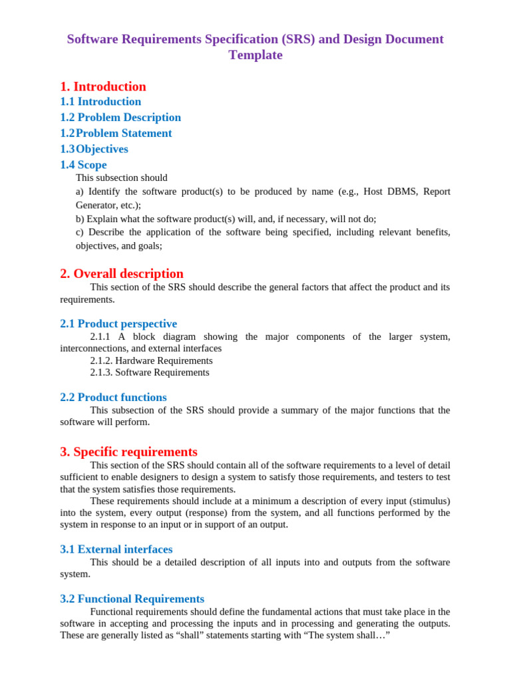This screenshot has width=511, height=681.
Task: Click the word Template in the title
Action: click(255, 55)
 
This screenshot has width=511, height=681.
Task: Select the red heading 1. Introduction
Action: click(103, 86)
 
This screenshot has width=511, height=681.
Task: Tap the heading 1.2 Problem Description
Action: click(120, 118)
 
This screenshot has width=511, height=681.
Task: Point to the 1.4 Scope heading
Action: click(83, 165)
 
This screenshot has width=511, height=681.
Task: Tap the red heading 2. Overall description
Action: click(122, 273)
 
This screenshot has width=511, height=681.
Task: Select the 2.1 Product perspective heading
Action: click(118, 324)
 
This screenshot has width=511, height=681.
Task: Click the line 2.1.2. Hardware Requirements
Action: click(151, 360)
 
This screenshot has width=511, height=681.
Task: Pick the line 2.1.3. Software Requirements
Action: click(150, 372)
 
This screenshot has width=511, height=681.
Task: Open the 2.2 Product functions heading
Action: click(113, 398)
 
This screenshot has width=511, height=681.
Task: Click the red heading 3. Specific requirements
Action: click(128, 452)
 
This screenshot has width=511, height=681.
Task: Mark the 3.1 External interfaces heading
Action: click(116, 549)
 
